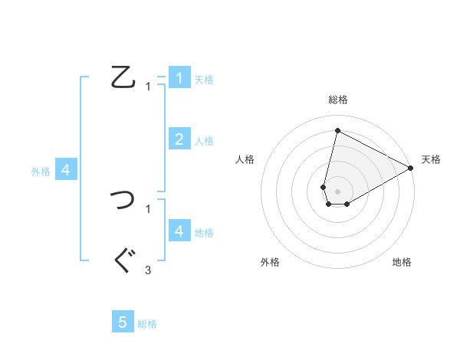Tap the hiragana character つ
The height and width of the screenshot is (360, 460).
pyautogui.click(x=123, y=200)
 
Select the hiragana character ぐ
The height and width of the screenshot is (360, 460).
pyautogui.click(x=123, y=261)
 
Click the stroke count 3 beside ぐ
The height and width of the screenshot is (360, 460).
pyautogui.click(x=148, y=270)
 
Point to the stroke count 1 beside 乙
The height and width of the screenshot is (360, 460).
pyautogui.click(x=148, y=87)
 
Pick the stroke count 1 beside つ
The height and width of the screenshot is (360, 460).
pyautogui.click(x=148, y=208)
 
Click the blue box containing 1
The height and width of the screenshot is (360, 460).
pyautogui.click(x=179, y=77)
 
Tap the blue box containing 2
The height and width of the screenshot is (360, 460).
pyautogui.click(x=179, y=139)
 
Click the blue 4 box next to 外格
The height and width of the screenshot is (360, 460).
pyautogui.click(x=66, y=170)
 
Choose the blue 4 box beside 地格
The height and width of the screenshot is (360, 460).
pyautogui.click(x=179, y=231)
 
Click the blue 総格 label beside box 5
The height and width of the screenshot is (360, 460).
pyautogui.click(x=147, y=324)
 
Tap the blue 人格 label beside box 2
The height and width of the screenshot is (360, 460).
pyautogui.click(x=204, y=141)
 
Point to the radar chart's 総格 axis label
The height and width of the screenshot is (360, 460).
pyautogui.click(x=338, y=100)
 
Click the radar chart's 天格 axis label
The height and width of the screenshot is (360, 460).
pyautogui.click(x=431, y=159)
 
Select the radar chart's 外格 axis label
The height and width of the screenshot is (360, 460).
pyautogui.click(x=270, y=262)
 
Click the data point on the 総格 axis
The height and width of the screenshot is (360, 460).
pyautogui.click(x=338, y=130)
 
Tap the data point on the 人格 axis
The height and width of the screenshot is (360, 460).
pyautogui.click(x=324, y=187)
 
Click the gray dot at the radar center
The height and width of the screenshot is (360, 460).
pyautogui.click(x=338, y=191)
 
